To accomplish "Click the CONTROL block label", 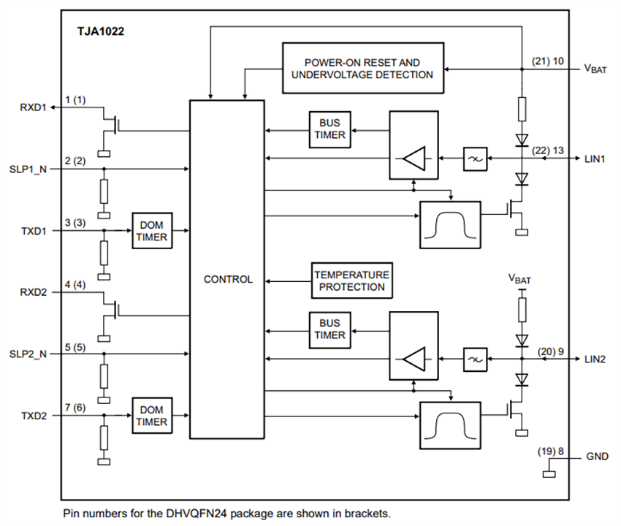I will (228, 279).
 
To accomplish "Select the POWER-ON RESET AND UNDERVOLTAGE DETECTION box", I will (362, 69).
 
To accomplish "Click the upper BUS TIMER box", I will (329, 129).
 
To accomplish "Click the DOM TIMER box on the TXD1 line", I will (152, 232).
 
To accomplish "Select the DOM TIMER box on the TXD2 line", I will (152, 416).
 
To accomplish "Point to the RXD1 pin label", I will (33, 107).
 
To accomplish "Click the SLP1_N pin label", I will (30, 169).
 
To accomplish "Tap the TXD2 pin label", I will (33, 416).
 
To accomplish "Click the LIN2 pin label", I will (595, 359).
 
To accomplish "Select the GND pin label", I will (596, 457).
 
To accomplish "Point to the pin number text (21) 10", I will (547, 61).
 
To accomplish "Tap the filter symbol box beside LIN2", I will (474, 359).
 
